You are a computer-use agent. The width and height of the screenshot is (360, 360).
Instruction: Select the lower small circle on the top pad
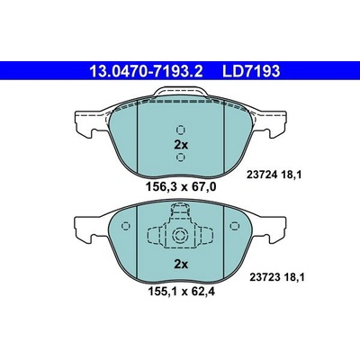(180, 157)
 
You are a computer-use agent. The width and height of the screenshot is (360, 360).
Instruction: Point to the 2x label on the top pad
(180, 143)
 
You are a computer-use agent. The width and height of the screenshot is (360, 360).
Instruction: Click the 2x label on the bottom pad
(180, 265)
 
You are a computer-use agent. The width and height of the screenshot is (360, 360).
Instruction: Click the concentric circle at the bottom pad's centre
(180, 239)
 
